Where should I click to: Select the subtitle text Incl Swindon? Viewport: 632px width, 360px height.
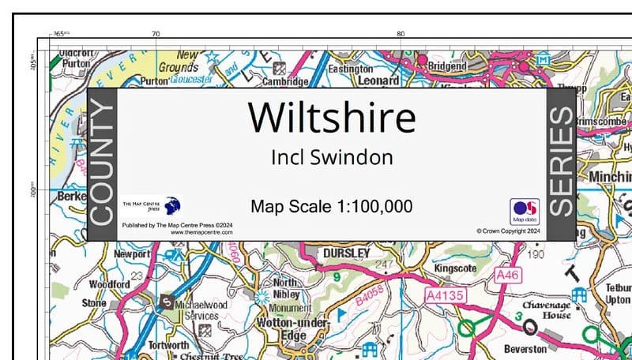[x=331, y=157]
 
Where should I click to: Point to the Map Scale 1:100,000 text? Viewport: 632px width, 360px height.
[x=331, y=207]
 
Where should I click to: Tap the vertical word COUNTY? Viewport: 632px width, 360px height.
[x=103, y=164]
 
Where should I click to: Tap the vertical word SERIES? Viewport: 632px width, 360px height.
[x=559, y=164]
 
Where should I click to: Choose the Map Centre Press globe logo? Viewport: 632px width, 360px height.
[x=172, y=206]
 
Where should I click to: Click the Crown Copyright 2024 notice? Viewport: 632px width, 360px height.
[x=507, y=231]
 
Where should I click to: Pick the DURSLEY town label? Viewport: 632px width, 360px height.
[x=347, y=253]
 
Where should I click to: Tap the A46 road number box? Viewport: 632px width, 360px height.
[x=510, y=274]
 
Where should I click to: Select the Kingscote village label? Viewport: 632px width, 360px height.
[x=456, y=268]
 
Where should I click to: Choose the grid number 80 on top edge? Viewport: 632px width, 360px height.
[x=401, y=34]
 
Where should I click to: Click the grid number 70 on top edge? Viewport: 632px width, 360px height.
[x=156, y=34]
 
